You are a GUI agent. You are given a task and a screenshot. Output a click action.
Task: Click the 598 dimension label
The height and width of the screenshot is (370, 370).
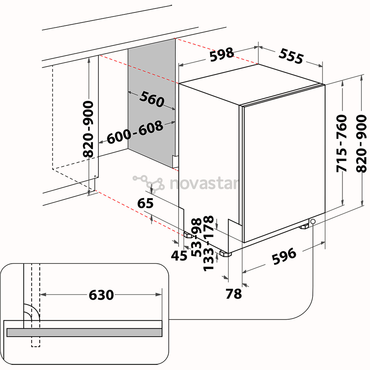[x=222, y=54]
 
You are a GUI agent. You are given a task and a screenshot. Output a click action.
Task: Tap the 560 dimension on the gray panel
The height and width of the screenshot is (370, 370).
[x=152, y=99]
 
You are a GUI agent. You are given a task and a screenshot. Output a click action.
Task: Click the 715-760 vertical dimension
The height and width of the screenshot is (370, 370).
[x=342, y=144]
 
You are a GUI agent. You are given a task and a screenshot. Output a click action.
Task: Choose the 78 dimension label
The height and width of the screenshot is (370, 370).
[x=234, y=294]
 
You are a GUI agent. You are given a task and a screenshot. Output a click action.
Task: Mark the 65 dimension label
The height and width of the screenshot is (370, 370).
[x=145, y=203]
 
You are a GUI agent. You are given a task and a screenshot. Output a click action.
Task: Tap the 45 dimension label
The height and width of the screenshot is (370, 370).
[x=178, y=255]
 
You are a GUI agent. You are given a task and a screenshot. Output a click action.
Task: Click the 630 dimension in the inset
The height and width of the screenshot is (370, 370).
[x=101, y=295]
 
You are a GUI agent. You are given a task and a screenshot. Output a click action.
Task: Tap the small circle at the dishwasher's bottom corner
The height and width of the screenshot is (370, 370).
[x=313, y=222]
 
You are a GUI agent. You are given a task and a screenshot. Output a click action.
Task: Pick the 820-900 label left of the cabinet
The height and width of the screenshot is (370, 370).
[x=89, y=129]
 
